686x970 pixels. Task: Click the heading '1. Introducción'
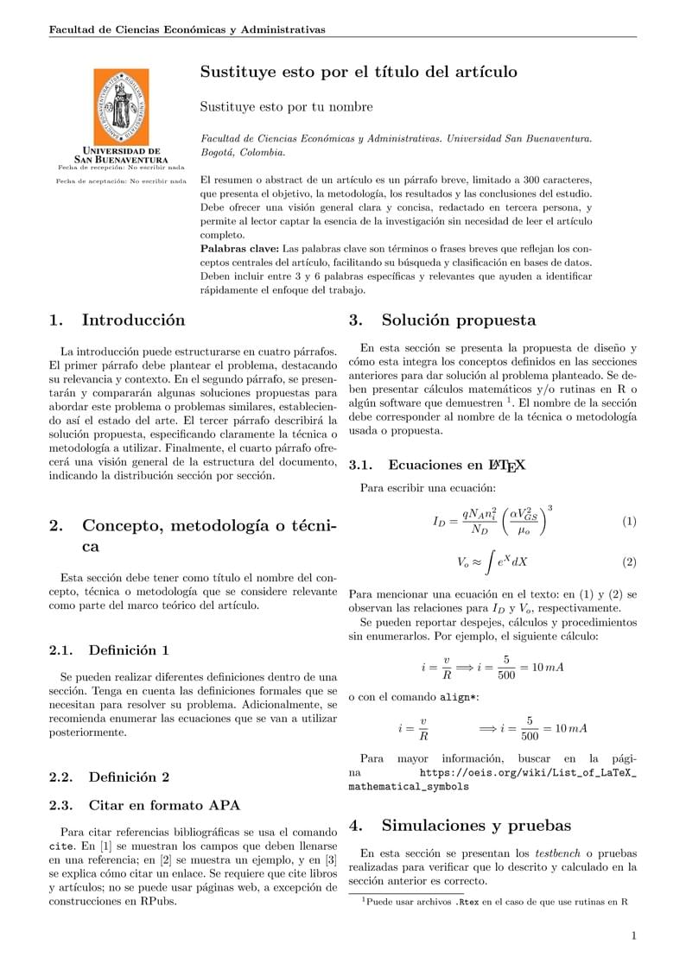click(x=118, y=320)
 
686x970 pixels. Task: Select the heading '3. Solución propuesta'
click(x=442, y=320)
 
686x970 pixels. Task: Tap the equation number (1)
click(x=629, y=522)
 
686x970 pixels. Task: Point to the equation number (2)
click(x=629, y=562)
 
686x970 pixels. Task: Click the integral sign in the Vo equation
click(x=489, y=562)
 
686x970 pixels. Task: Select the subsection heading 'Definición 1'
click(x=129, y=650)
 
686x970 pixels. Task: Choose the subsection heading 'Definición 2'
click(x=129, y=777)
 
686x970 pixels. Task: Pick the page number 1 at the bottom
click(x=633, y=935)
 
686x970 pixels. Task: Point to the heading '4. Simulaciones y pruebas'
click(x=460, y=825)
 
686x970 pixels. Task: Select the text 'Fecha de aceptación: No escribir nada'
click(x=121, y=181)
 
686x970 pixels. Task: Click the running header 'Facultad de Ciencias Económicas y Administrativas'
click(x=187, y=29)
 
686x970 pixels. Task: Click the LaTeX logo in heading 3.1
click(x=508, y=466)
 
